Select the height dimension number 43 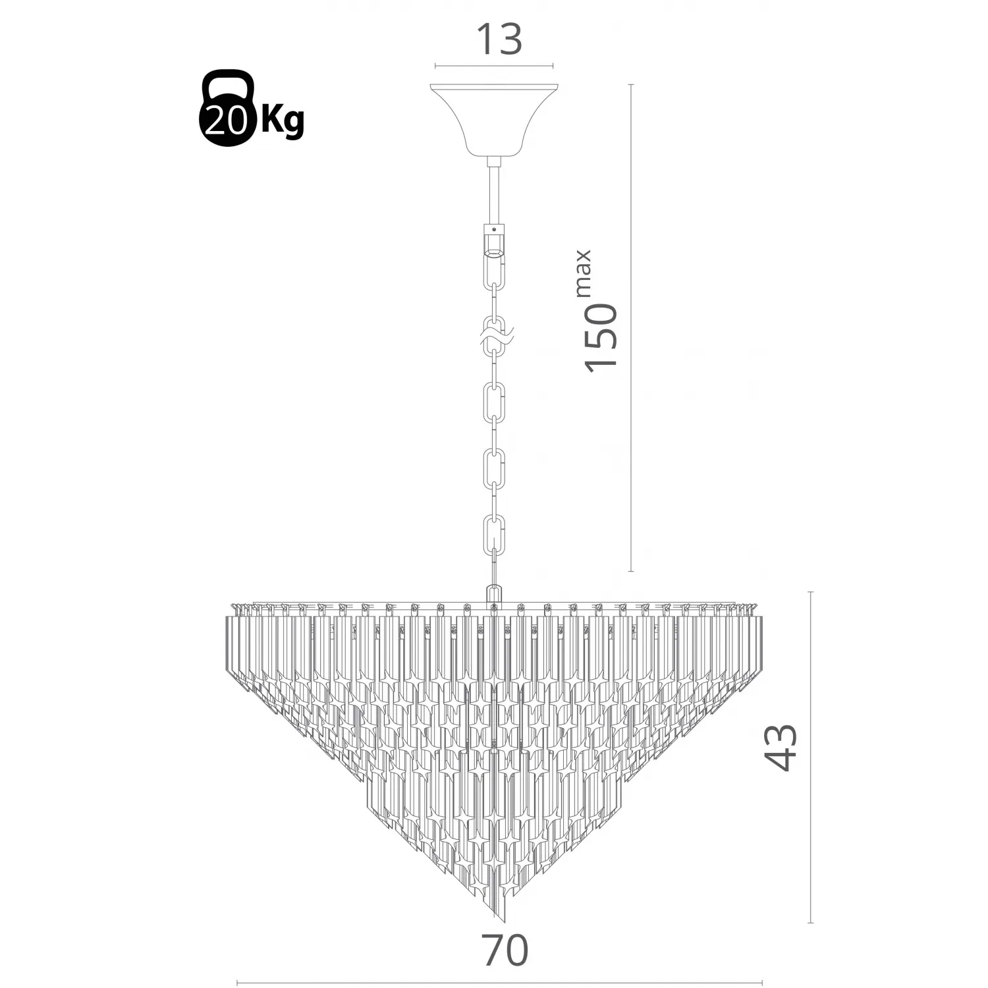click(782, 747)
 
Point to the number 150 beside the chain click(601, 335)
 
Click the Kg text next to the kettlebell click(283, 121)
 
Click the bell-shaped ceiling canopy click(494, 119)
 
